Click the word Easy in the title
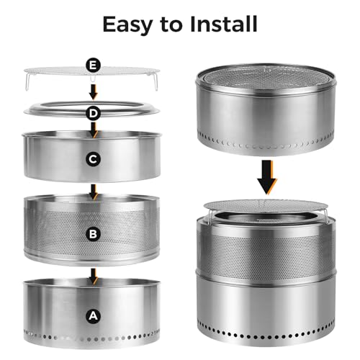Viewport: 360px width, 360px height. [x=127, y=25]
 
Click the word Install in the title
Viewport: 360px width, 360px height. [x=224, y=24]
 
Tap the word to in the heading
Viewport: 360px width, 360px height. [x=171, y=24]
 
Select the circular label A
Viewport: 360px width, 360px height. [x=93, y=316]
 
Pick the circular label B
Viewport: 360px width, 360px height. [x=93, y=234]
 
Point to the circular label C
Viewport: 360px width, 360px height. [x=93, y=159]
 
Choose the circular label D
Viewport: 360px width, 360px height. [x=93, y=113]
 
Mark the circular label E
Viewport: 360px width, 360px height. [x=93, y=65]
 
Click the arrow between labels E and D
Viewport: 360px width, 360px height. [x=94, y=92]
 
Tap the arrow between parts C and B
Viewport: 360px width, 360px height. [x=94, y=192]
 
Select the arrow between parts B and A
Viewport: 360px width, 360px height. [x=94, y=276]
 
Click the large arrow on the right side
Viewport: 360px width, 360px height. [x=267, y=177]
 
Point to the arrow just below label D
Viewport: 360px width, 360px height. [x=94, y=130]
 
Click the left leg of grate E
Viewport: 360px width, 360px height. [x=27, y=82]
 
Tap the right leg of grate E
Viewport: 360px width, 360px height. [x=156, y=82]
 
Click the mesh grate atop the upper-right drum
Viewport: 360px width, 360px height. [x=266, y=77]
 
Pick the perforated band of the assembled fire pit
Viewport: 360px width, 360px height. [x=266, y=254]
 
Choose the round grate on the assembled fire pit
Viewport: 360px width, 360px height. [x=266, y=206]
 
